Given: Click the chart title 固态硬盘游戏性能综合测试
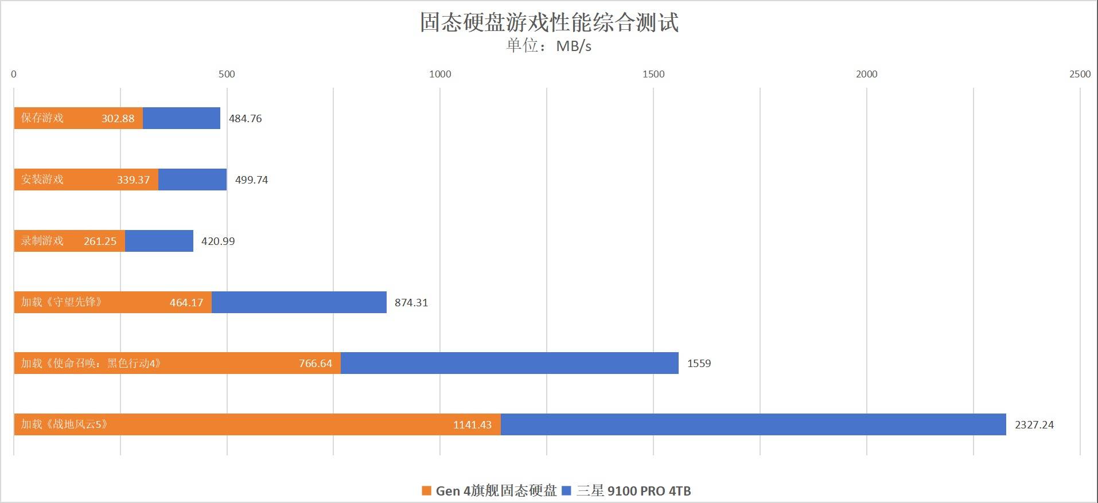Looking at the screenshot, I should pos(549,23).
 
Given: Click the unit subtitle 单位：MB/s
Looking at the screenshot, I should pos(548,46).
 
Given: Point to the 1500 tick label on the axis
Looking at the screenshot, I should pos(653,74).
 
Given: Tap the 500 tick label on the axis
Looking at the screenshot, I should pos(227,74).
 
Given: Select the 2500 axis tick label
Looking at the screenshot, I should pos(1080,74).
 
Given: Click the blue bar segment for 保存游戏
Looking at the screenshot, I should pos(181,118).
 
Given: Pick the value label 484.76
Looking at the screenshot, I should pos(245,119).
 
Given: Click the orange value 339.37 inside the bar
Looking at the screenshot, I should pos(133,180).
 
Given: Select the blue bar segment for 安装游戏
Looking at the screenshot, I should pos(192,180).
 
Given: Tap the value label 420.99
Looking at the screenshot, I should pos(218,241).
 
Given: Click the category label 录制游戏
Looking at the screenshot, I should pos(42,241).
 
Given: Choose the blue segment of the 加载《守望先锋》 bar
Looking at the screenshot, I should pos(299,302).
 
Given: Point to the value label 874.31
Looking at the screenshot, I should pos(411,303).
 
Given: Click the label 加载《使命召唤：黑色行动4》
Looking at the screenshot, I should pos(91,363).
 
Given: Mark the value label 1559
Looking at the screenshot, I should pos(699,364).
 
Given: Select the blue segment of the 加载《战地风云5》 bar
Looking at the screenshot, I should pos(753,424).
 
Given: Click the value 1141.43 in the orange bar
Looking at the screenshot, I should pos(472,425).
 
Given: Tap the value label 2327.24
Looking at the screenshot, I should pos(1034,425).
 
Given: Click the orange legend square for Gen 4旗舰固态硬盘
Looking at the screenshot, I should pos(426,491).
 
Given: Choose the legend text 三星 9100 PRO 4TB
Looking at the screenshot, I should pos(633,491).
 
